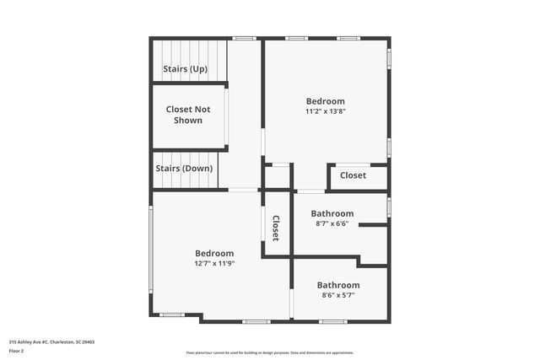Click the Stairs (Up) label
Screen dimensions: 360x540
click(x=185, y=69)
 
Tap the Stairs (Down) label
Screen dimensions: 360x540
click(x=184, y=169)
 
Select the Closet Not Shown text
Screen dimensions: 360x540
click(x=188, y=115)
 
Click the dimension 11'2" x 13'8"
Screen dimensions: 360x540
click(x=326, y=111)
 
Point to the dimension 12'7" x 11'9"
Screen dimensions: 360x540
click(x=214, y=263)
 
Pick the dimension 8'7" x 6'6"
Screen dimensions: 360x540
click(x=332, y=223)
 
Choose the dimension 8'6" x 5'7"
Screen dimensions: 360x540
click(x=337, y=295)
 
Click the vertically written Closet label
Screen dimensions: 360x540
click(x=275, y=228)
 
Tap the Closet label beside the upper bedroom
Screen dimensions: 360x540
click(x=353, y=175)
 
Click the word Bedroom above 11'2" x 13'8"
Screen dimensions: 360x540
click(x=326, y=101)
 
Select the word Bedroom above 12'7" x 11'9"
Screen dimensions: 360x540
click(x=214, y=253)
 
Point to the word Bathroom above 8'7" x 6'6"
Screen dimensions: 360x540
click(x=332, y=213)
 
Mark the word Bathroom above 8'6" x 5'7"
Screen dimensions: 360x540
click(x=338, y=285)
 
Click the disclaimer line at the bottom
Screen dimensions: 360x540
click(x=270, y=352)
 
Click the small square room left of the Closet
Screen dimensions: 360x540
click(x=277, y=177)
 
